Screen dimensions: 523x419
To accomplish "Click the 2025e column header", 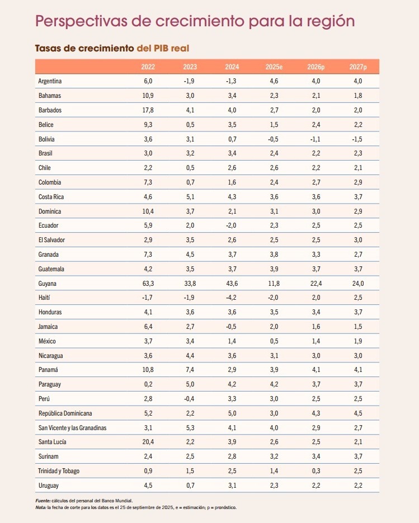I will point(274,67).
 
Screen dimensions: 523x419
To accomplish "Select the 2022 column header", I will point(148,67).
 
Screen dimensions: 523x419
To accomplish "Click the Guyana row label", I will point(48,284).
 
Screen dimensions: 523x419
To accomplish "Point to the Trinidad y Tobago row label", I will point(59,471).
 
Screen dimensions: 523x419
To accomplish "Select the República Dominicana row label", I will point(65,413).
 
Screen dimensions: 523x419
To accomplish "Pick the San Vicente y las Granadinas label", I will point(72,428).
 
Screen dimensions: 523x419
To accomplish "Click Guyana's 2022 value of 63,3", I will point(148,284).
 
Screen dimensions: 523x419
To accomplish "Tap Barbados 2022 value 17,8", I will point(148,110).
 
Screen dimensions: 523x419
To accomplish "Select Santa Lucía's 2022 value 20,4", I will point(148,442).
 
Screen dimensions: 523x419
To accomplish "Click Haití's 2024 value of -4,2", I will point(232,298).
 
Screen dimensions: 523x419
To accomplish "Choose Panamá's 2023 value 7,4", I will point(190,370).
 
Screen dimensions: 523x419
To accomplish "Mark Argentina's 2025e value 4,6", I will point(274,81).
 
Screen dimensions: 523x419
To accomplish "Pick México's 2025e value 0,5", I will point(274,341).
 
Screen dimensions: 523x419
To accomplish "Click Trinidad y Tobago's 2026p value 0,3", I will point(316,471).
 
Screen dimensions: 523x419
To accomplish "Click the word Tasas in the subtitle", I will point(48,49).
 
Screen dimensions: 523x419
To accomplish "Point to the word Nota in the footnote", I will point(41,507).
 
